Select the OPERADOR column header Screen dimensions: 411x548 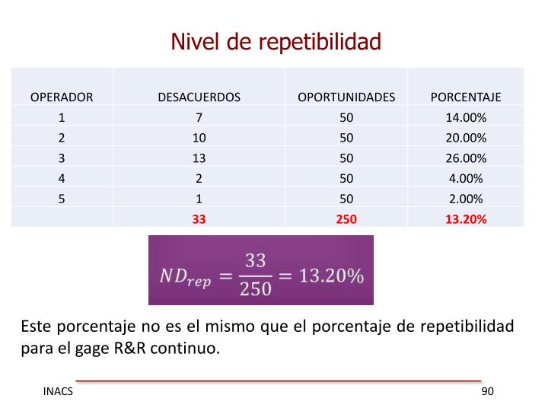click(x=62, y=97)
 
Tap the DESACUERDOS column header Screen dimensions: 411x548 click(x=199, y=97)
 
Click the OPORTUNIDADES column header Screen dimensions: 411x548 click(x=346, y=97)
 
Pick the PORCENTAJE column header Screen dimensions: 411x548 click(x=466, y=97)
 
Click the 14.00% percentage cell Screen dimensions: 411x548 click(x=466, y=118)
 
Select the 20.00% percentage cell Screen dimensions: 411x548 click(x=466, y=139)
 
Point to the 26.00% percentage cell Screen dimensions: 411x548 click(x=466, y=158)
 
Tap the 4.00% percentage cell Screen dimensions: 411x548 click(x=466, y=179)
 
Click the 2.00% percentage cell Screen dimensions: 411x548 click(x=466, y=199)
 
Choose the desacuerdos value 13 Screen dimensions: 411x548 click(x=199, y=158)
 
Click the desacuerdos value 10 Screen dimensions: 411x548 click(x=199, y=139)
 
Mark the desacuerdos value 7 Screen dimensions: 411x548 click(x=199, y=118)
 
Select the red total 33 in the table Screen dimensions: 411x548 click(x=199, y=219)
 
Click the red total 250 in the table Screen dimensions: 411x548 click(x=346, y=219)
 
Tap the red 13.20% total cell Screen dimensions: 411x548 click(x=466, y=219)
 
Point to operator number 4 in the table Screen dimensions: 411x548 click(x=62, y=179)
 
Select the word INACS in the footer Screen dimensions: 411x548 click(x=58, y=391)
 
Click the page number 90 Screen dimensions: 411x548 click(x=487, y=391)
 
